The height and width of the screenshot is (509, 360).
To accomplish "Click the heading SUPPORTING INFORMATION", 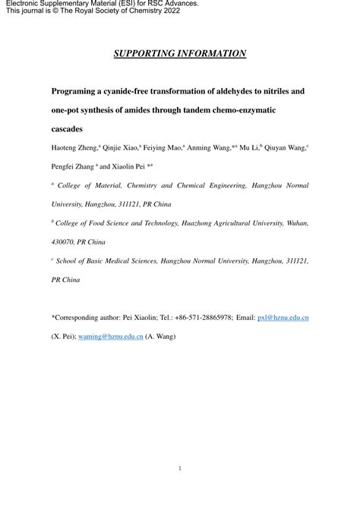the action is (180, 53).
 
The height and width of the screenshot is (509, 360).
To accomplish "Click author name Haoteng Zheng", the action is (77, 149).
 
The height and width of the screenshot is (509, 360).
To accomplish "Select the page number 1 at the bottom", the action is (180, 469).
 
